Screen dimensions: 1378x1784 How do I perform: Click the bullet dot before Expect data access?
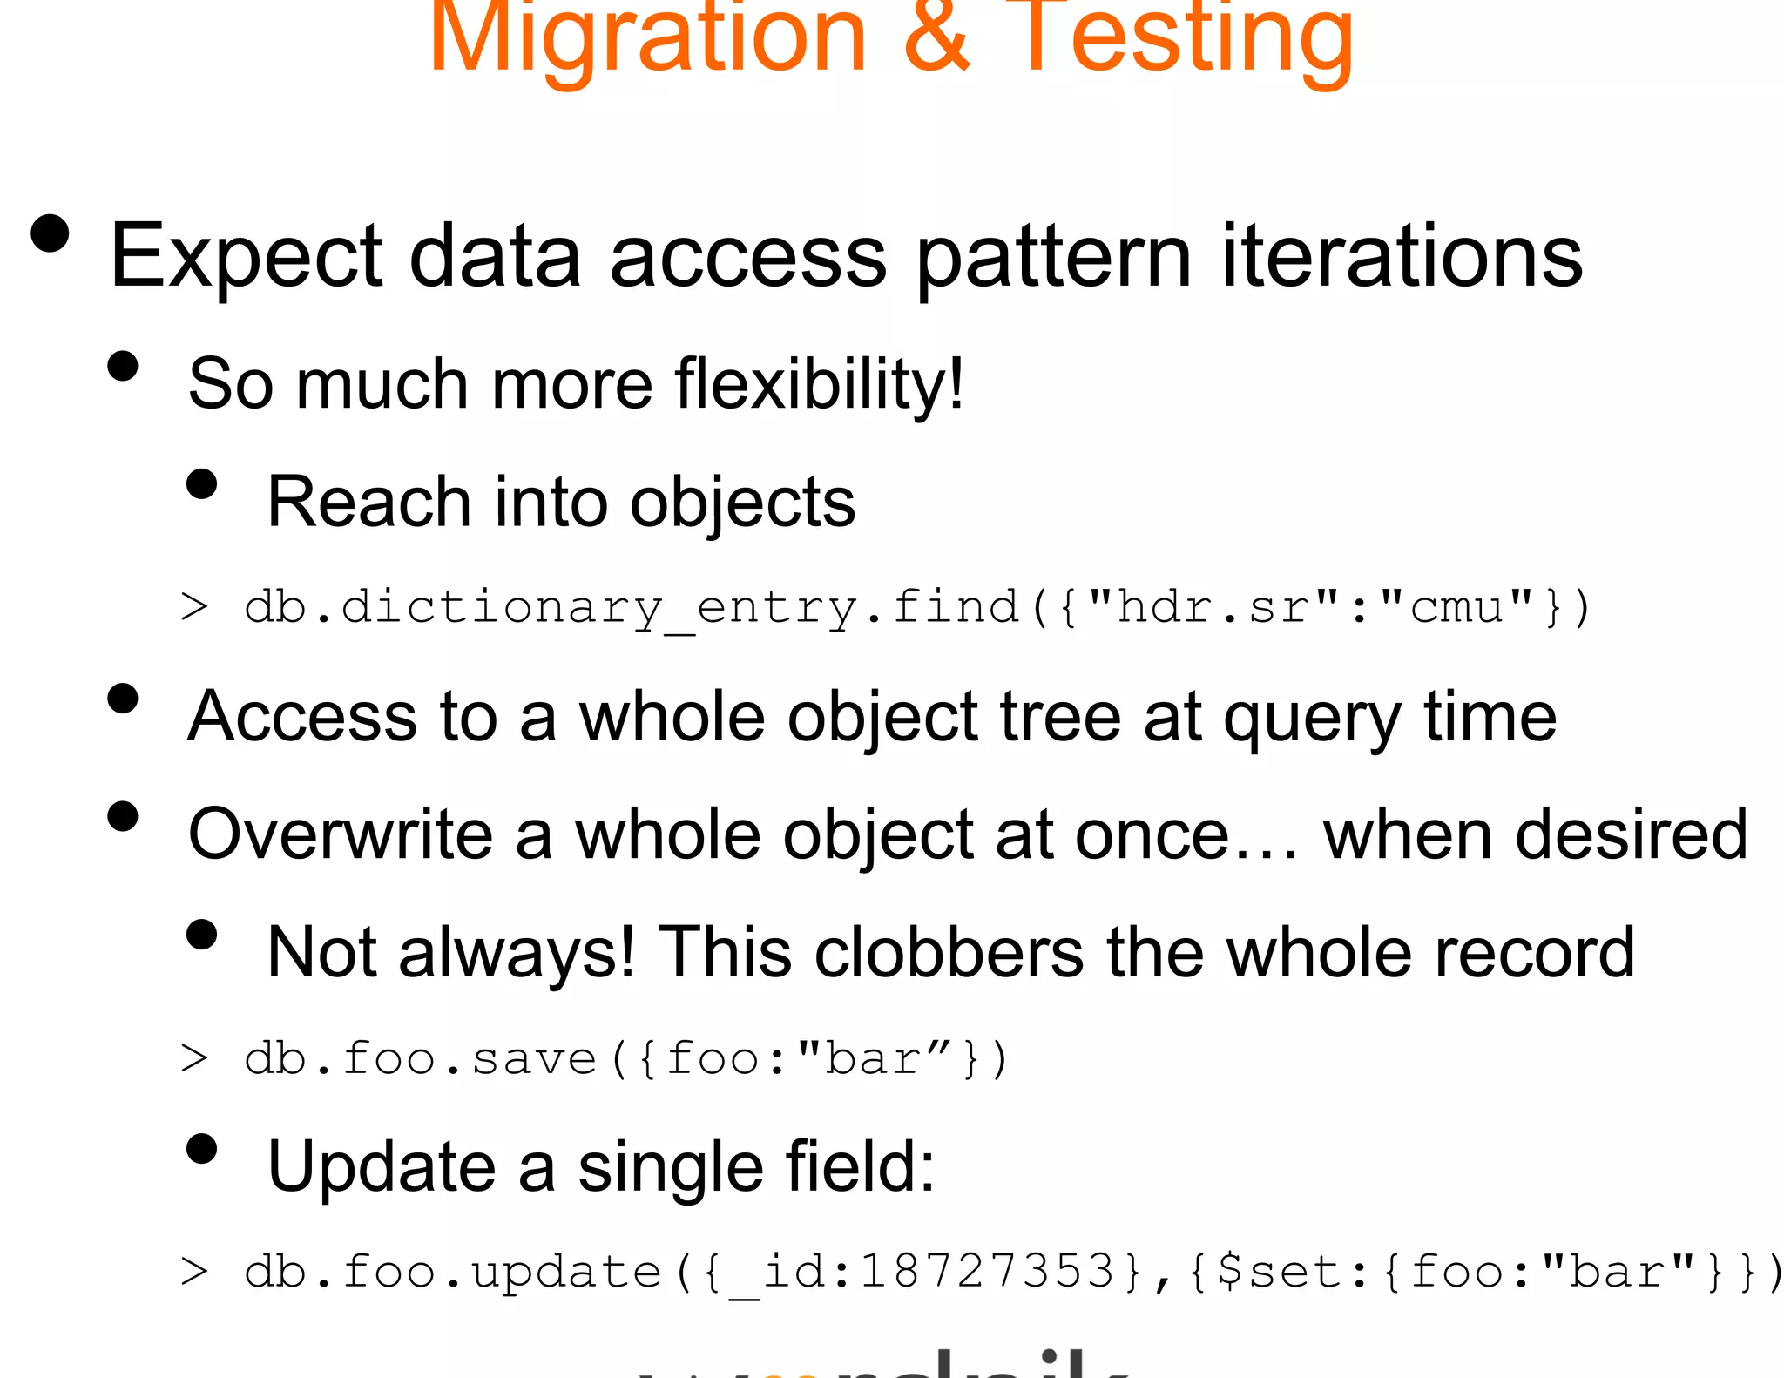click(50, 233)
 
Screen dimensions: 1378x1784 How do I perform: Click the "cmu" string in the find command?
click(1457, 606)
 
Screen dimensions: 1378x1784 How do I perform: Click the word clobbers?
click(949, 952)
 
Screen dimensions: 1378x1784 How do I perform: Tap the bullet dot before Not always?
click(201, 935)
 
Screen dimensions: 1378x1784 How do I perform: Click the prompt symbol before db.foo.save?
click(193, 1059)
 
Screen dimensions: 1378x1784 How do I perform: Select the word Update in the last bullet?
click(381, 1166)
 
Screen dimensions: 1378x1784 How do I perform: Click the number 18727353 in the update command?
click(986, 1272)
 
